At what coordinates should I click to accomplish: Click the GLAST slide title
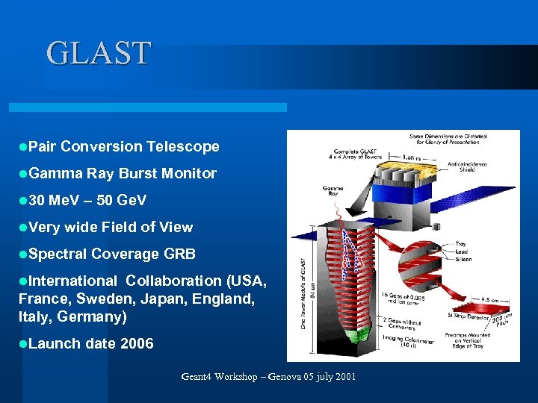tap(99, 54)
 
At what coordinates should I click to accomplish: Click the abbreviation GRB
tap(179, 254)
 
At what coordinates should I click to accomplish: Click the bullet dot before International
tap(23, 281)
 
